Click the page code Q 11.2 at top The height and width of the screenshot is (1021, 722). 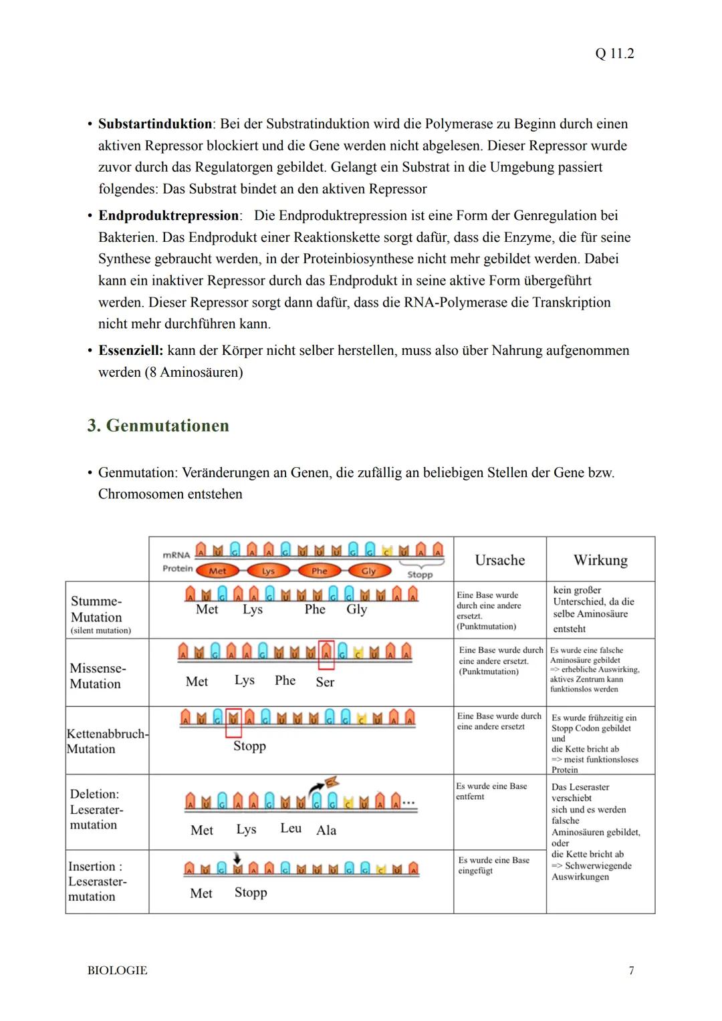pos(614,53)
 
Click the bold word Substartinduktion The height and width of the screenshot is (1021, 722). pos(155,124)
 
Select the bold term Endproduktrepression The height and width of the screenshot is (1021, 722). pos(168,215)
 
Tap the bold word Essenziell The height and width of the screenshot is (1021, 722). pos(130,350)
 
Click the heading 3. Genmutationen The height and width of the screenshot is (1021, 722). pos(158,426)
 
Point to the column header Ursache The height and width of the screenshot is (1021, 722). pos(499,560)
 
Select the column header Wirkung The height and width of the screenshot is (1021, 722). pos(600,560)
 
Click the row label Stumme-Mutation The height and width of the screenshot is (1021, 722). pos(96,609)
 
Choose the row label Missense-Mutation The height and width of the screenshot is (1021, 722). pos(98,676)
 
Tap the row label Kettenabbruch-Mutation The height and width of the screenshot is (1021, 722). pos(107,741)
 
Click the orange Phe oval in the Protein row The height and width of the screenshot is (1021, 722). pos(320,571)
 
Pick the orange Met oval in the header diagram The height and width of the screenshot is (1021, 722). pos(217,571)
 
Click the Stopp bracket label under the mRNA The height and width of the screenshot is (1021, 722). pos(420,574)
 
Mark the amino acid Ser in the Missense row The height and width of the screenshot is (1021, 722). pos(325,682)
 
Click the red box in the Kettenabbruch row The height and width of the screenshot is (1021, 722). pos(233,722)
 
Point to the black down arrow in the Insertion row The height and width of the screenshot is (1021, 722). pos(237,858)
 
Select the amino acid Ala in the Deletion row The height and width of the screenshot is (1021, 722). pos(326,830)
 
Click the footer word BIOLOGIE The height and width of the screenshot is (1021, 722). pos(117,970)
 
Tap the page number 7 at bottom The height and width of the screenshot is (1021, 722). pos(631,970)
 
